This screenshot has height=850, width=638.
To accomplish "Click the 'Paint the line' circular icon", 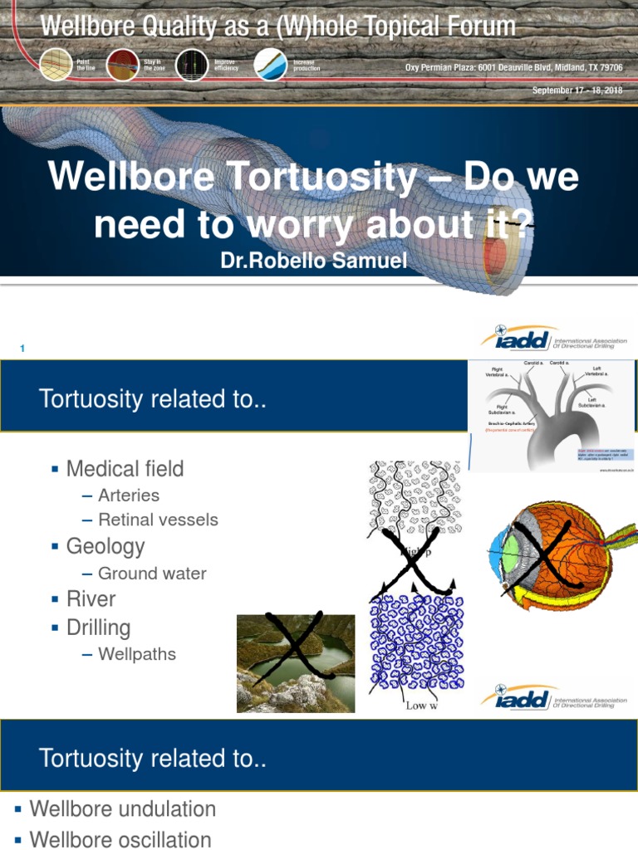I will [56, 65].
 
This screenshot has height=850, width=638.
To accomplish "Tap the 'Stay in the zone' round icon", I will [123, 65].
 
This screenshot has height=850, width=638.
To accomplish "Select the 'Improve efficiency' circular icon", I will [192, 65].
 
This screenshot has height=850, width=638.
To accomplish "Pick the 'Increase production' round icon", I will [270, 65].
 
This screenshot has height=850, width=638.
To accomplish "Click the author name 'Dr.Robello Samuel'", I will [314, 261].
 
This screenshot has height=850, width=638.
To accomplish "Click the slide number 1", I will [22, 349].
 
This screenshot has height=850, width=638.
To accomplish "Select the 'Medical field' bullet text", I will [125, 469].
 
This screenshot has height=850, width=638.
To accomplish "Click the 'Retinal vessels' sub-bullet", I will [158, 520].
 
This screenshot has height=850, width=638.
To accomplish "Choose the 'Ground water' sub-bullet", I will [152, 574].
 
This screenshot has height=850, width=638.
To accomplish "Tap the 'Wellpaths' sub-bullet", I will [137, 654].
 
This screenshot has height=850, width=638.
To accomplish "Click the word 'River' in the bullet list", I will [91, 599].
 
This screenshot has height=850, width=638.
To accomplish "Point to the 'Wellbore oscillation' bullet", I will [120, 839].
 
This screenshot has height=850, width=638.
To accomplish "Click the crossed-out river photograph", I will [295, 663].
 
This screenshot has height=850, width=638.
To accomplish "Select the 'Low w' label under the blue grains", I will [422, 706].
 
